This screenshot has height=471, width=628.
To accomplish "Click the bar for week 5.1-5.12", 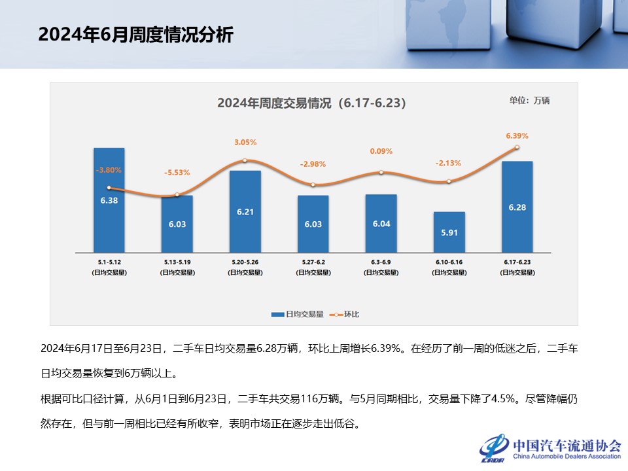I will click(109, 200).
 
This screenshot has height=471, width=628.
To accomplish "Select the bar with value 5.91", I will click(449, 232).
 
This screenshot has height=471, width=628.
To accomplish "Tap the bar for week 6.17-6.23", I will click(517, 206).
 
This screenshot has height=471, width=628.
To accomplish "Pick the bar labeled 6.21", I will click(245, 211).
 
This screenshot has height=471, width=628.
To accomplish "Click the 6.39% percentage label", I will click(517, 135).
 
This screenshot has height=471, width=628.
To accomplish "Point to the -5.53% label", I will click(177, 173).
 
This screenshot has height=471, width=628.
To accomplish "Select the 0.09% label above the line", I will click(381, 151).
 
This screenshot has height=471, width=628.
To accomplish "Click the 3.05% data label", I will click(245, 141).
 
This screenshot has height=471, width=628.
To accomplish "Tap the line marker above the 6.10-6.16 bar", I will click(449, 181).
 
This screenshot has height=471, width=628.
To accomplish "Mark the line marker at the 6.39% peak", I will click(517, 147).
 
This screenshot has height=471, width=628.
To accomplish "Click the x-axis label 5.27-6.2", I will click(313, 262).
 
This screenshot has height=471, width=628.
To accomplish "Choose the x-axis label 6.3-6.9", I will click(381, 262).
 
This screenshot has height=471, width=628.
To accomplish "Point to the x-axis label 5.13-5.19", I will click(177, 262).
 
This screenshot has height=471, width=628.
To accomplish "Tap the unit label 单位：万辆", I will click(529, 100).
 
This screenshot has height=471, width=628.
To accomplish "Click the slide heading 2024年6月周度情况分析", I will click(135, 35).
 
